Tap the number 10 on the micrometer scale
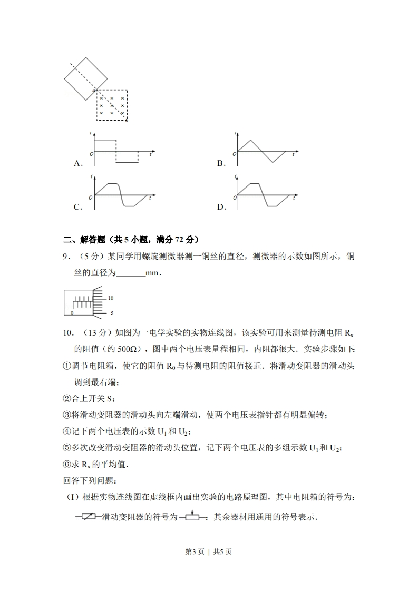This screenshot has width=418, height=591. [111, 298]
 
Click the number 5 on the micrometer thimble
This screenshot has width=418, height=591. [111, 313]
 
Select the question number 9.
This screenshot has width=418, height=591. [66, 257]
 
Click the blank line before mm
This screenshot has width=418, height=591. [130, 273]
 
